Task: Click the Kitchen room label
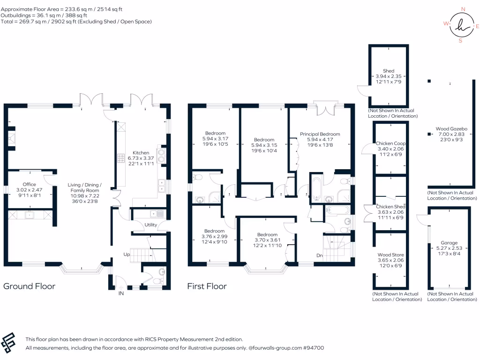pos(141,153)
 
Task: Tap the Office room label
pos(30,184)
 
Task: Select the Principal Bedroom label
pos(320,134)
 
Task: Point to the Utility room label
pos(150,225)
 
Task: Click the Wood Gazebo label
pos(451,129)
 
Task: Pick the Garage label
pos(449,243)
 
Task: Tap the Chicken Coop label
pos(390,143)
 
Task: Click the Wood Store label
pos(390,255)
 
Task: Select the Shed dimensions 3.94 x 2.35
pos(389,76)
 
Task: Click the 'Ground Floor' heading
pos(30,286)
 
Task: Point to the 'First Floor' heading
pos(207,286)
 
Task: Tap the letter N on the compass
pos(463,9)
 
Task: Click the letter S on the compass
pos(460,40)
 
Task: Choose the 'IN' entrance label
pos(121,293)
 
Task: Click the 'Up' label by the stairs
pos(127,255)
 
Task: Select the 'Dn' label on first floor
pos(320,255)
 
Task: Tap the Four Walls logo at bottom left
pos(9,343)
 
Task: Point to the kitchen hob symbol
pos(121,158)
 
